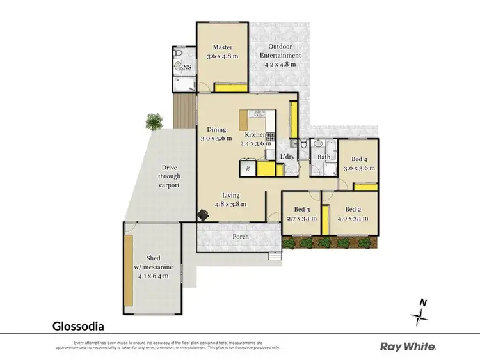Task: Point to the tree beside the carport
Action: coord(154,120)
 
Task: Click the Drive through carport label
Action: coord(170,176)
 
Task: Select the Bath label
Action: coord(324,157)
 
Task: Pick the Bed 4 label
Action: coord(360,159)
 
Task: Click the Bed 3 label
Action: coord(301,210)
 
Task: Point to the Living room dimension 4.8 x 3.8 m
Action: coord(230,204)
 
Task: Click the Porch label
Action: coord(241,237)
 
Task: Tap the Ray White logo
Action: coord(408,347)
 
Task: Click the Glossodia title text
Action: coord(78,325)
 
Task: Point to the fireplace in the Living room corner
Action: coord(203,215)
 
